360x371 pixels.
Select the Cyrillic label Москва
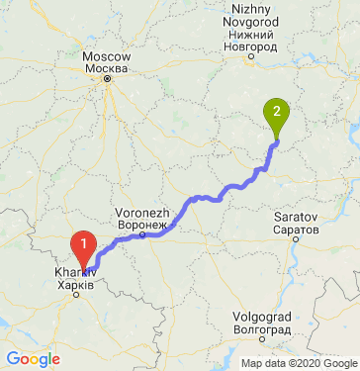click(107, 69)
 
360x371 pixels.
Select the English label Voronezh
click(143, 213)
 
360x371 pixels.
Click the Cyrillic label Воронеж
click(139, 226)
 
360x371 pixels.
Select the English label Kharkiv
click(75, 271)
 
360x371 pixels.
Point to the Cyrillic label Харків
click(75, 284)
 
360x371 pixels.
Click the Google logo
click(33, 358)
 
